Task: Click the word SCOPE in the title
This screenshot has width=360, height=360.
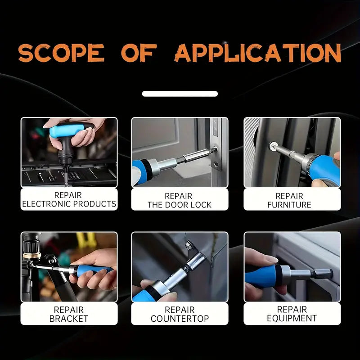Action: coord(61,53)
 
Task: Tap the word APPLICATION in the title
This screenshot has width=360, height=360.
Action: coord(257,53)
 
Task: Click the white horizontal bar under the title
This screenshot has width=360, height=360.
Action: coord(180,94)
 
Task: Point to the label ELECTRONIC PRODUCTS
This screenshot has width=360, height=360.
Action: coord(69,204)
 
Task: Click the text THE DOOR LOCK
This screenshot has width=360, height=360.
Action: coord(179,205)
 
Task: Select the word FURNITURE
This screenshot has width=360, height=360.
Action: coord(289,205)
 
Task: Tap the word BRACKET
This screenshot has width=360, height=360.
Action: coord(69,319)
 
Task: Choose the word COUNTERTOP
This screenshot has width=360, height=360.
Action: coord(180,319)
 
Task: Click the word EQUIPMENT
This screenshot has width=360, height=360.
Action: coord(292,318)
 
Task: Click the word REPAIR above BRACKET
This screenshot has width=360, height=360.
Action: coord(69,310)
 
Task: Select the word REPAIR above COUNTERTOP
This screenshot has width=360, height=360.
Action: coord(180,310)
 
